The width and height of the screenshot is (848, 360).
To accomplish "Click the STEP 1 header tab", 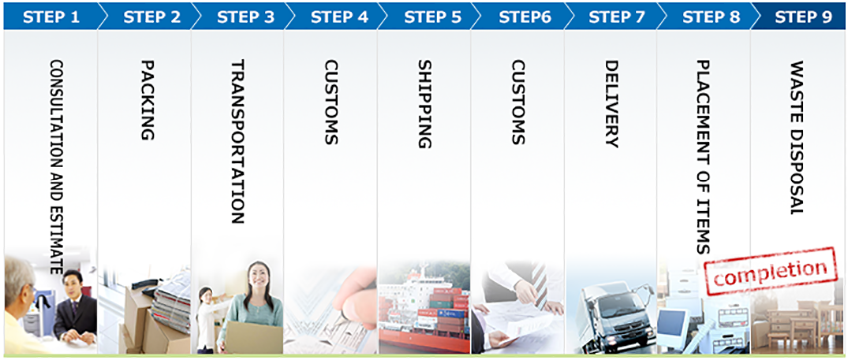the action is [x=51, y=17].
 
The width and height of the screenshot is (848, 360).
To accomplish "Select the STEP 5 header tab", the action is [x=433, y=17].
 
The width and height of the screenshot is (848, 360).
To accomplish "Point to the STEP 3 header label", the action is [x=246, y=17].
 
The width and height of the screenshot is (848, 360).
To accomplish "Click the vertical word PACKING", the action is [x=147, y=100].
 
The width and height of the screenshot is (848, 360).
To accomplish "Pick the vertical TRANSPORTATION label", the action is [x=238, y=142].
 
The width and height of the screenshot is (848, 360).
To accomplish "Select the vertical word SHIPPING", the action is [x=425, y=104].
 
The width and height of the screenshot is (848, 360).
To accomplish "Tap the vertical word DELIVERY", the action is [x=612, y=104].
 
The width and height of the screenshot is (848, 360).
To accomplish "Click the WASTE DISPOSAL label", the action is [x=797, y=138].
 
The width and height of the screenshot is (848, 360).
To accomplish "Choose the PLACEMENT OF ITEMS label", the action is [x=704, y=157].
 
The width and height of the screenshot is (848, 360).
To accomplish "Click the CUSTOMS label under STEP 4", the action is [x=331, y=102].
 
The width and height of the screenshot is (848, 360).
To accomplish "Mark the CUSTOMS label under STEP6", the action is [x=518, y=102].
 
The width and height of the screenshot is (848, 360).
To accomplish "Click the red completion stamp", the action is [x=770, y=271].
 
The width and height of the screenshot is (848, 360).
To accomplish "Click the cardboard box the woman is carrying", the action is [x=254, y=337].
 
